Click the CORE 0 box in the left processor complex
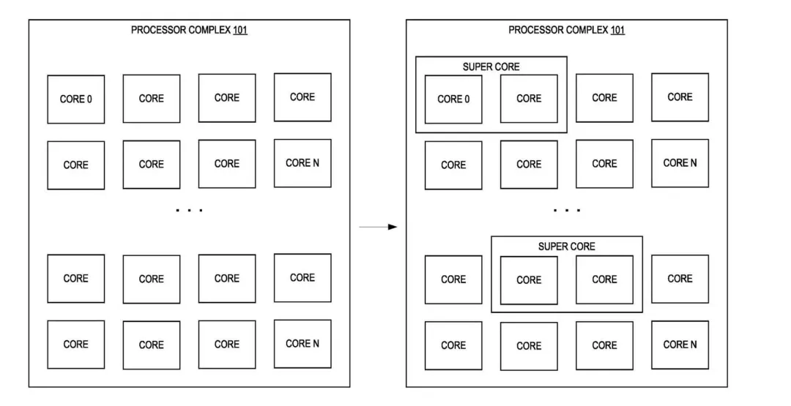pos(75,99)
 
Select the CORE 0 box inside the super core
pos(453,99)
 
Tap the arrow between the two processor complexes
pos(378,227)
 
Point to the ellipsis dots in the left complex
pos(189,211)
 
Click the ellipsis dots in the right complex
pos(567,211)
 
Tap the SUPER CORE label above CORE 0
pos(491,67)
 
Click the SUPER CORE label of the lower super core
pos(566,247)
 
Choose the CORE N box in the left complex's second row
pos(302,163)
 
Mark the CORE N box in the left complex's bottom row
pos(302,344)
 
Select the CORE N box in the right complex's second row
pos(680,163)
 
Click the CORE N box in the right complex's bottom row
pos(680,345)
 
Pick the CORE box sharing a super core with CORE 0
pos(529,99)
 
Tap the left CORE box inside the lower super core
pos(529,279)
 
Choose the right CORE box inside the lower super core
pos(604,279)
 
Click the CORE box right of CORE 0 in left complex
pos(151,99)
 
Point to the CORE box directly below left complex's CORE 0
pos(75,165)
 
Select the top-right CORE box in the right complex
pos(680,97)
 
